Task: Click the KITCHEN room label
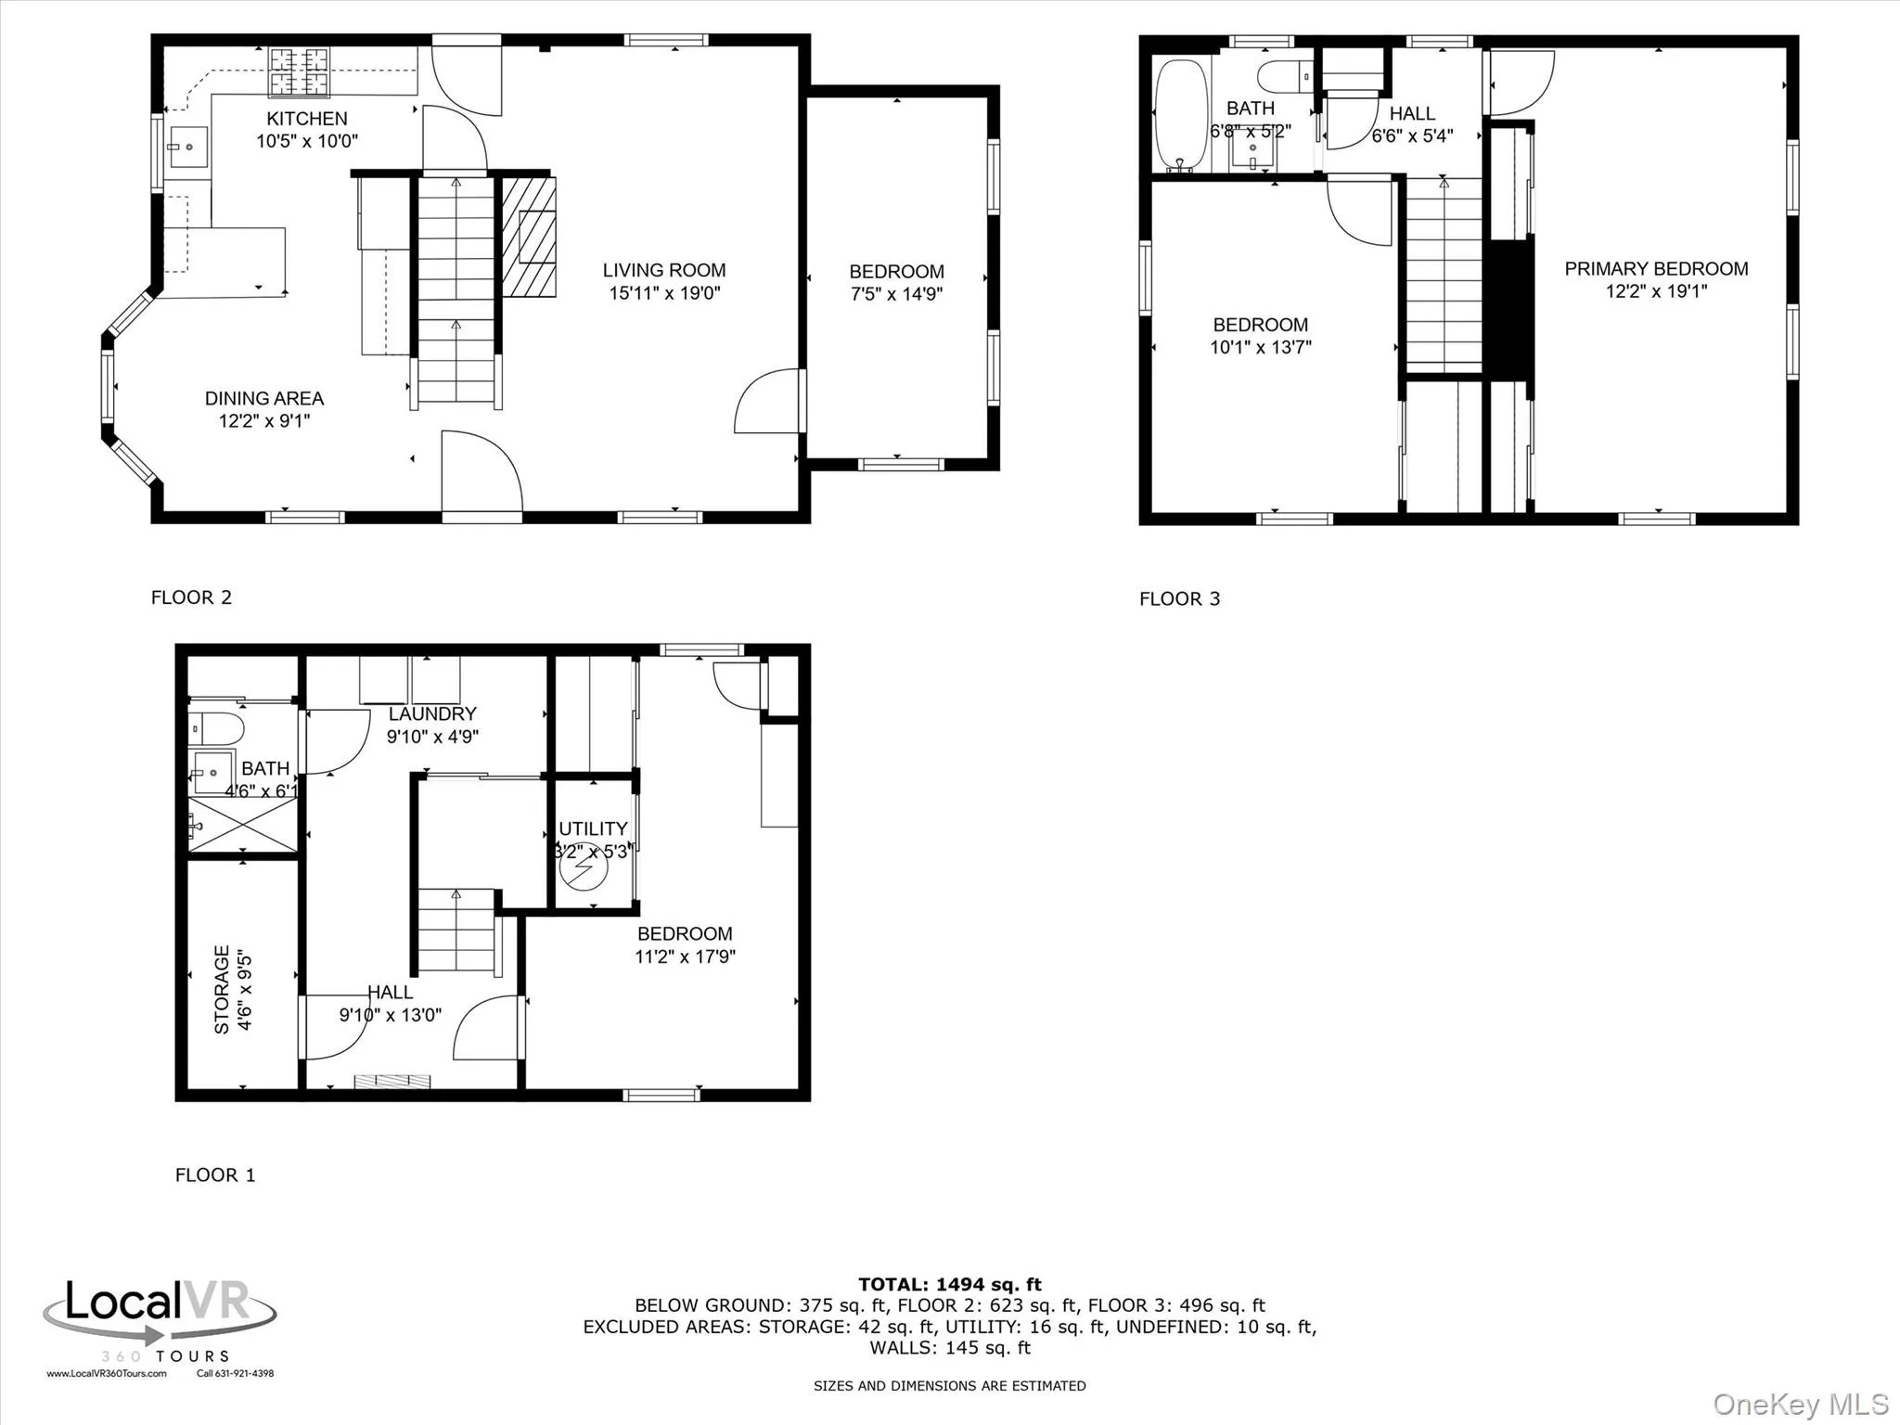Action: pos(307,119)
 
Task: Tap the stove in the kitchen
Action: pos(299,72)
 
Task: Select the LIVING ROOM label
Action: pos(664,270)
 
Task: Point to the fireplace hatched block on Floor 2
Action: pos(529,237)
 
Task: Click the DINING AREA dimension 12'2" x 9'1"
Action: pos(263,421)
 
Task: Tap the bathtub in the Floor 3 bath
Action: pos(1180,116)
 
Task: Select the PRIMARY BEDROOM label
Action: pos(1656,269)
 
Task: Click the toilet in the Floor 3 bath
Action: pos(1286,74)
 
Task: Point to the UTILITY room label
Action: pos(593,828)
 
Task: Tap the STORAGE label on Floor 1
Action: pos(222,989)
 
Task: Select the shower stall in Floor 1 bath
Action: pos(244,824)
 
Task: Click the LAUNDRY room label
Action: pos(432,713)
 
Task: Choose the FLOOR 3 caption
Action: pos(1179,598)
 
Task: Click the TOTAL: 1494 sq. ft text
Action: pos(949,1284)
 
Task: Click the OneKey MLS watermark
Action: pos(1800,1404)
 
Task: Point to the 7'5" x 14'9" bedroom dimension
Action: pos(896,294)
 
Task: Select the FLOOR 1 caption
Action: pos(215,1175)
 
